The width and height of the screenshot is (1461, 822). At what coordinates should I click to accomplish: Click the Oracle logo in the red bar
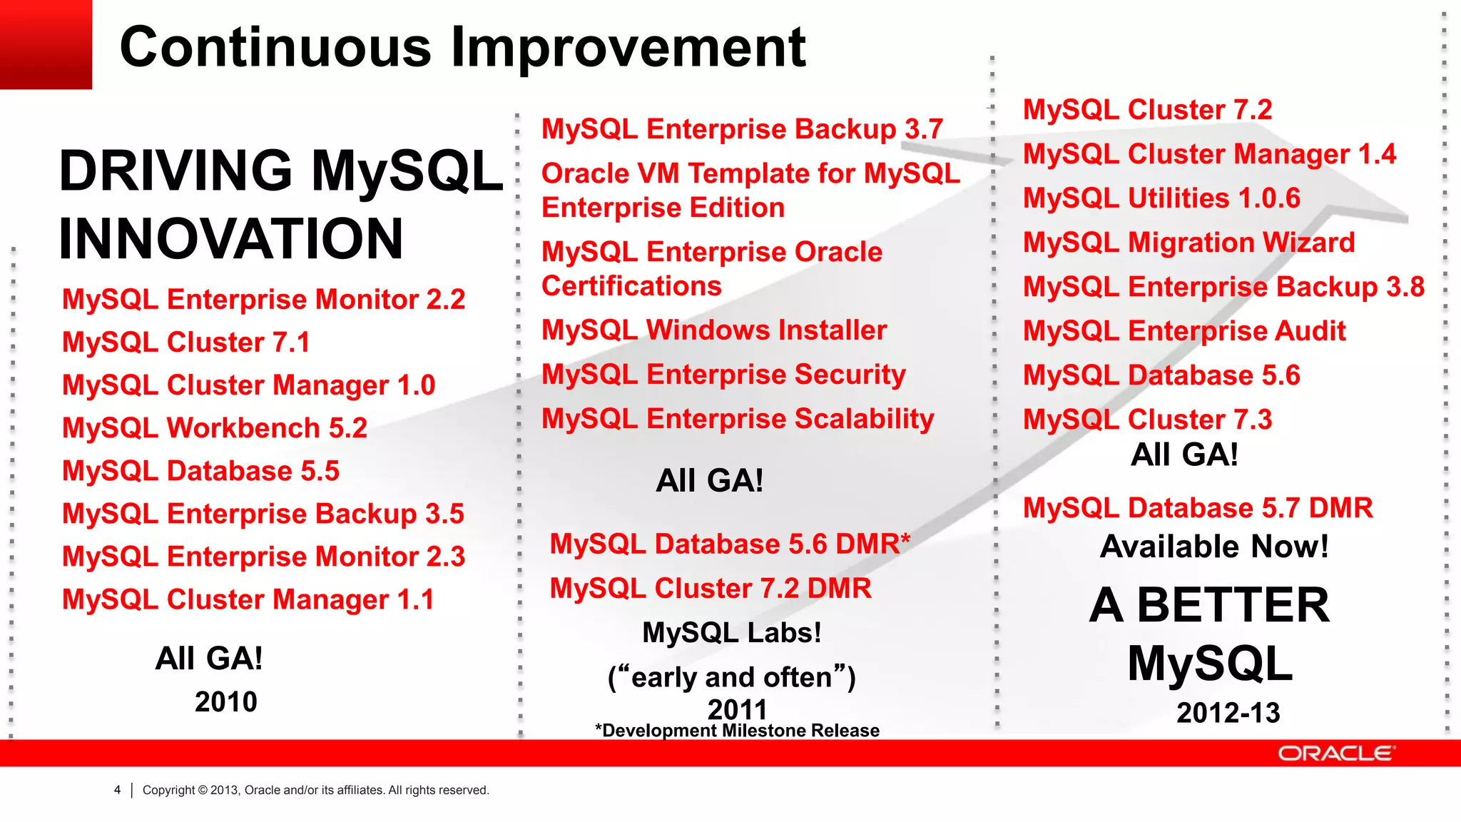pyautogui.click(x=1335, y=753)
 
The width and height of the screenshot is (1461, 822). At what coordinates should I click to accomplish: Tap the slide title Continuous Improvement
pyautogui.click(x=462, y=47)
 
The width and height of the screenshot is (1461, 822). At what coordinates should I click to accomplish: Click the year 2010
pyautogui.click(x=225, y=702)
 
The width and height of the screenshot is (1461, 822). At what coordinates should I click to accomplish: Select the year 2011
pyautogui.click(x=737, y=709)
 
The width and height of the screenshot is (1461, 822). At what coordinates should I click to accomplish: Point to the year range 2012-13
pyautogui.click(x=1228, y=713)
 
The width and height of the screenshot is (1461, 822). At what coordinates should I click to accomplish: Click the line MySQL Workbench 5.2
pyautogui.click(x=215, y=428)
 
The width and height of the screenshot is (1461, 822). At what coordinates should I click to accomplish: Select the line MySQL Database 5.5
pyautogui.click(x=200, y=471)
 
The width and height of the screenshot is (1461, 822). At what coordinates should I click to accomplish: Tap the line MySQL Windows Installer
pyautogui.click(x=714, y=330)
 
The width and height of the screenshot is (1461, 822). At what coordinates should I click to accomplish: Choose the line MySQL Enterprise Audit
pyautogui.click(x=1184, y=331)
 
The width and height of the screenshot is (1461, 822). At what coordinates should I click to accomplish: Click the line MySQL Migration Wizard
pyautogui.click(x=1188, y=243)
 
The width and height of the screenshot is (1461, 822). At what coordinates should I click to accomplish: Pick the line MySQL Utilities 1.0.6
pyautogui.click(x=1161, y=198)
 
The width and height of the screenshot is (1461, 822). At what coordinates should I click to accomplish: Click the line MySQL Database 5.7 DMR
pyautogui.click(x=1198, y=508)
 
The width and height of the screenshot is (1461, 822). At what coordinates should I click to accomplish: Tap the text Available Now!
pyautogui.click(x=1214, y=547)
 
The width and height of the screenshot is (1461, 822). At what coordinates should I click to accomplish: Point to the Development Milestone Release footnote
pyautogui.click(x=737, y=731)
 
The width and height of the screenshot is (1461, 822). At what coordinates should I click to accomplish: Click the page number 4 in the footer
pyautogui.click(x=117, y=790)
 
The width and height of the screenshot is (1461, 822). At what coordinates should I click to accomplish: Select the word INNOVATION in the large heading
pyautogui.click(x=231, y=238)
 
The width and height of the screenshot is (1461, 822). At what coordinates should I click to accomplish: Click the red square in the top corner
pyautogui.click(x=46, y=44)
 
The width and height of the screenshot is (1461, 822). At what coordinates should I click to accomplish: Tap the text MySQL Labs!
pyautogui.click(x=732, y=633)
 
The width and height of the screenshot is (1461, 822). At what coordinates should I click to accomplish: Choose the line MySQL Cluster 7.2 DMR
pyautogui.click(x=711, y=589)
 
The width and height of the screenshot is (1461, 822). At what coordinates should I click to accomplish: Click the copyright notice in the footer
pyautogui.click(x=315, y=790)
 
